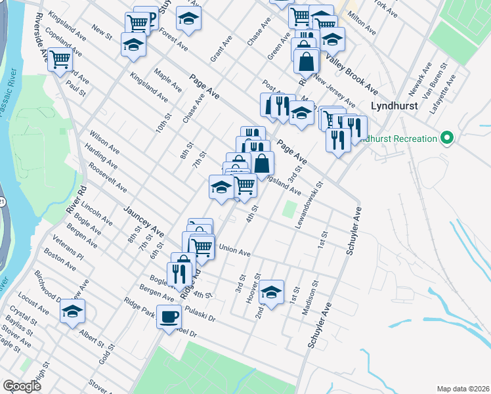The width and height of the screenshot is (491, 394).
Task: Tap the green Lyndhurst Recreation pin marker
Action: pos(447,138)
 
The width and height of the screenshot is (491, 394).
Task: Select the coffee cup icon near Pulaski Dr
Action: pos(169,317)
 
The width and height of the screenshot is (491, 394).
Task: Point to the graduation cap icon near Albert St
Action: pos(74,311)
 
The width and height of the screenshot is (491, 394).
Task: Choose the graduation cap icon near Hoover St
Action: pos(271,291)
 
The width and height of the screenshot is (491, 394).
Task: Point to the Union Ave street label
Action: pos(235,251)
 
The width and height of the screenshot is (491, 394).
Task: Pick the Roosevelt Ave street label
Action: pos(107,179)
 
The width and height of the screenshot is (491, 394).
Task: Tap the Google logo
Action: pos(22,386)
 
